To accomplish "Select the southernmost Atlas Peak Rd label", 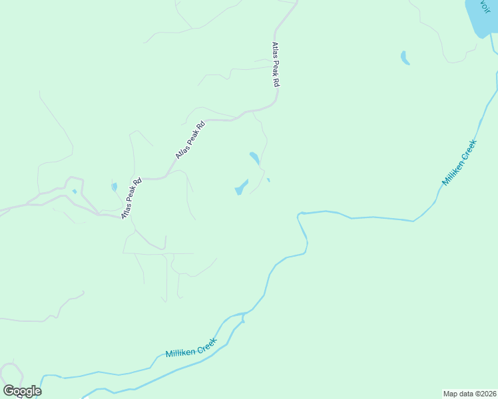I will [x=132, y=199].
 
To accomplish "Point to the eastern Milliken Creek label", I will [x=460, y=162].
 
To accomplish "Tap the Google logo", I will [x=22, y=390].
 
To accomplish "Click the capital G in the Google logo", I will [x=9, y=390].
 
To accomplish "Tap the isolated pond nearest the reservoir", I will [x=405, y=58].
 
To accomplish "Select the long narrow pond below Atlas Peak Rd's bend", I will [x=254, y=158].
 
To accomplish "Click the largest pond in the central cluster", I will [x=241, y=188].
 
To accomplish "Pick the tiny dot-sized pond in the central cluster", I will [x=268, y=180].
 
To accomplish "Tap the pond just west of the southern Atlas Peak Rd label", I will [x=114, y=188].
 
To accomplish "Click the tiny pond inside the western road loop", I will [x=75, y=192].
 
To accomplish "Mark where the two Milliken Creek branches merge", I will [x=244, y=316].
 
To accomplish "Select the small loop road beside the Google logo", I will [x=11, y=372].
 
